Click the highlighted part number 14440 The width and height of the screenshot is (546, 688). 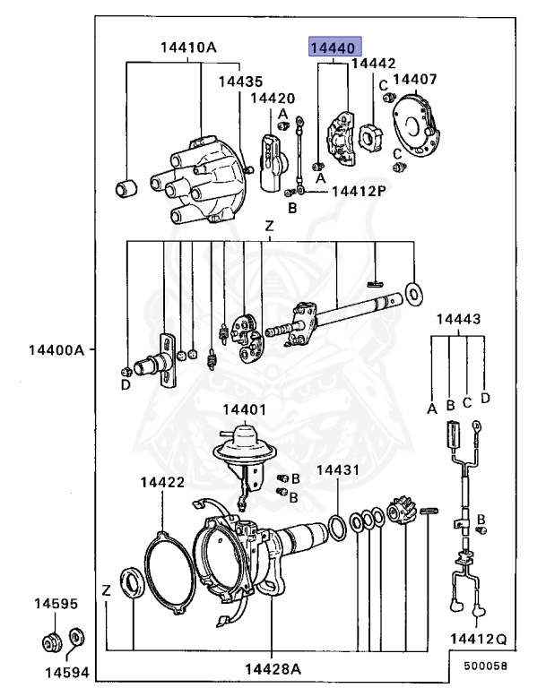(x=334, y=47)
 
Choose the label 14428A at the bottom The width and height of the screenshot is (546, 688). (x=272, y=668)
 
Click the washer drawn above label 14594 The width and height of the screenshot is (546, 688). (x=77, y=639)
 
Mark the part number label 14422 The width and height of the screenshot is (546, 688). (x=162, y=482)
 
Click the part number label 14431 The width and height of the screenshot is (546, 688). (x=337, y=469)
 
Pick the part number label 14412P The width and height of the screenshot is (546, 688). (x=358, y=191)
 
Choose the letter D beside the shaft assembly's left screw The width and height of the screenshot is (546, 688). (x=126, y=384)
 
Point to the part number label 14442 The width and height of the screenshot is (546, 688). (x=373, y=64)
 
